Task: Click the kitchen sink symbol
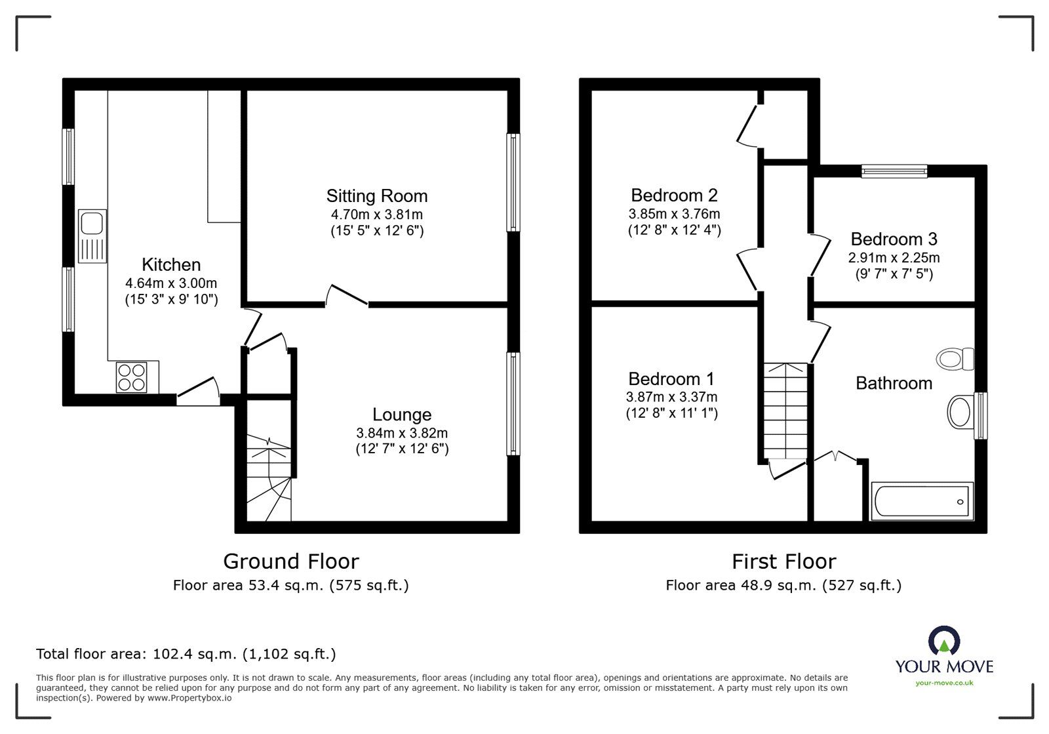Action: tap(92, 236)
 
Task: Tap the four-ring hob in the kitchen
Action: tap(131, 377)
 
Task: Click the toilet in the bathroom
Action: tap(955, 359)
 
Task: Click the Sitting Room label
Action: tap(377, 196)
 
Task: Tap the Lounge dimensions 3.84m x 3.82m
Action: tap(402, 433)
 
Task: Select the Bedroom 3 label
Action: tap(894, 239)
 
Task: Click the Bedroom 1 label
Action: tap(671, 379)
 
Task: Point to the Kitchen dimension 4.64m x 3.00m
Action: tap(171, 283)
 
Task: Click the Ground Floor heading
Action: tap(291, 561)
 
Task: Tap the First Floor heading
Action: tap(783, 561)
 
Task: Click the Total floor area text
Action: tap(186, 654)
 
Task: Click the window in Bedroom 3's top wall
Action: tap(894, 171)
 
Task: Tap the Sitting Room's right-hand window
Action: tap(513, 182)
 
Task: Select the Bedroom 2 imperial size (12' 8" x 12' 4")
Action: tap(674, 230)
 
